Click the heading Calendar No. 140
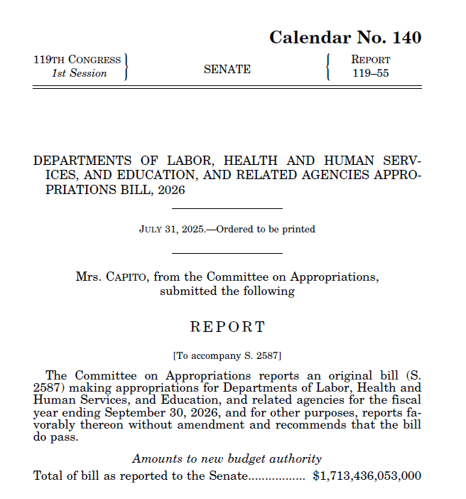coord(345,37)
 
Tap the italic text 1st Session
coord(78,73)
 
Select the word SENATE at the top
coord(227,69)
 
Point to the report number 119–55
coord(370,73)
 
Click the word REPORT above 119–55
coord(370,60)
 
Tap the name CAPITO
coord(126,276)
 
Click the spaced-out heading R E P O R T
coord(227,327)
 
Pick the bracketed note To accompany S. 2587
coord(227,354)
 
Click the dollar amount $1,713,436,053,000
coord(367,475)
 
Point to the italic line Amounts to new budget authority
coord(227,459)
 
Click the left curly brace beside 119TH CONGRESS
coord(126,66)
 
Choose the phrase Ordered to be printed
coord(266,230)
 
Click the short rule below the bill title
coord(227,208)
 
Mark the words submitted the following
coord(227,291)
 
